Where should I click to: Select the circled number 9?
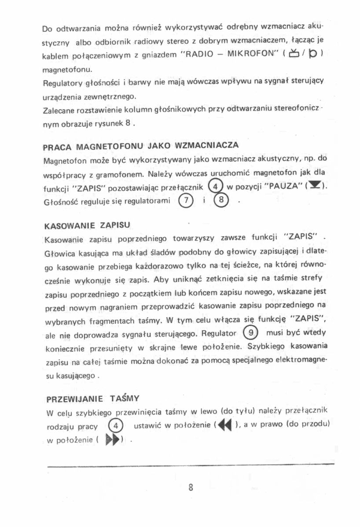[x=251, y=333]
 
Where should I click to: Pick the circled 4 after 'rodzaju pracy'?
[x=114, y=426]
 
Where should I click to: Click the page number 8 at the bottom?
[x=191, y=488]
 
